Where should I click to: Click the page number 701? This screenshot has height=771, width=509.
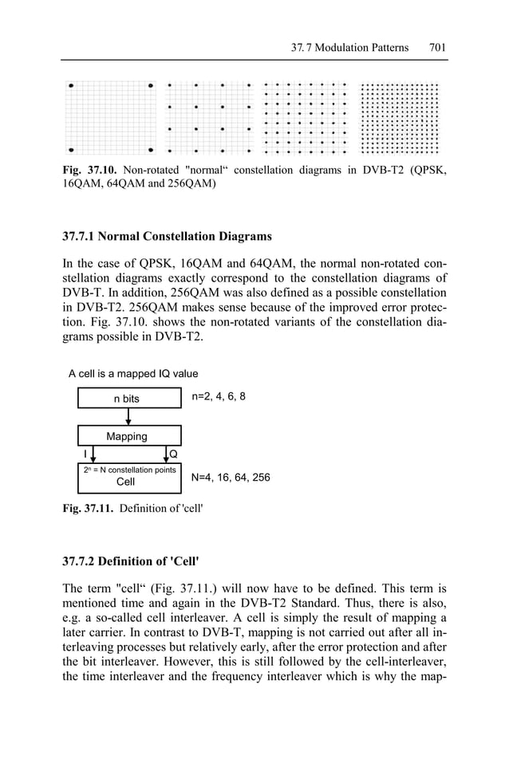tap(437, 47)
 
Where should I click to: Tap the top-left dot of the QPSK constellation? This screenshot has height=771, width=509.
tap(71, 85)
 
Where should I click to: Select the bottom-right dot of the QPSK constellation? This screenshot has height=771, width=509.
tap(151, 149)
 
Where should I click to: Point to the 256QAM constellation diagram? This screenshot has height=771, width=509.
tap(400, 117)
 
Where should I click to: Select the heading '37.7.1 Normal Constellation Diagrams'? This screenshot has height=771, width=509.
tap(167, 236)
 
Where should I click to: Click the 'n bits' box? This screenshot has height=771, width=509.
tap(128, 398)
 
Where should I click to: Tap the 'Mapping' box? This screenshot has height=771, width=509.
tap(128, 436)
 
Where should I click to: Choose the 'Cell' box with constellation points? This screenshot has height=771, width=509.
tap(128, 476)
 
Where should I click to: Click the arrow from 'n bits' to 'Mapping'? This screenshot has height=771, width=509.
tap(128, 417)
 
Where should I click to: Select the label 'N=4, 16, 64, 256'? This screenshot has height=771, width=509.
tap(231, 478)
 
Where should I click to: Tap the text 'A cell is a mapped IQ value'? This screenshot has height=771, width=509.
tap(133, 373)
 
